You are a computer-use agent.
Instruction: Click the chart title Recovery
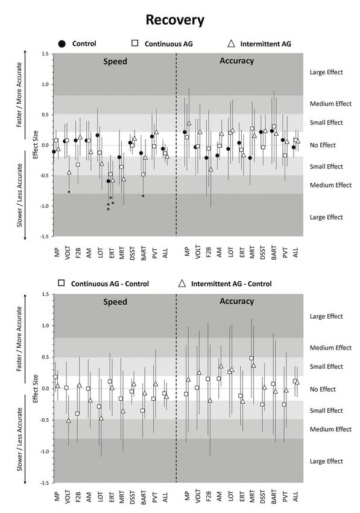click(175, 21)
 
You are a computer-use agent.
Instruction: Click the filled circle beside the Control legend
click(62, 44)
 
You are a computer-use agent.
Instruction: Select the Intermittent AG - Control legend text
click(231, 284)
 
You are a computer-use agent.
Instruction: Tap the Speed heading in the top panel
click(115, 62)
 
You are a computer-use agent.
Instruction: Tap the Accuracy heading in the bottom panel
click(237, 301)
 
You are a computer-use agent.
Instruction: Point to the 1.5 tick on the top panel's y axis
click(45, 54)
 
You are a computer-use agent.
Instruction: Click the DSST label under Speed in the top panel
click(133, 252)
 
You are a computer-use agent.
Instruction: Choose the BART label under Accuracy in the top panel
click(274, 252)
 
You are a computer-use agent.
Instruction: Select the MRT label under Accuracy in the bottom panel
click(252, 495)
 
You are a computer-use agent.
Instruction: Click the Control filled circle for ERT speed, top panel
click(108, 181)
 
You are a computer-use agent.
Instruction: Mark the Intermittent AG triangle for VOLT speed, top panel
click(69, 172)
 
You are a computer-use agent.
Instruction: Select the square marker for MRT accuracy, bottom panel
click(251, 358)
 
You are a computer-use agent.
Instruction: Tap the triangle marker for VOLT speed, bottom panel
click(69, 421)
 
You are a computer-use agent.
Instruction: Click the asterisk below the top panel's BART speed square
click(143, 196)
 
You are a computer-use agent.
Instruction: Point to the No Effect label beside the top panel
click(323, 145)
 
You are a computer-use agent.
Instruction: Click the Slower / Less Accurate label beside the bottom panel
click(20, 439)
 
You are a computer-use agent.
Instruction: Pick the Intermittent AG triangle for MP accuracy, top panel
click(189, 123)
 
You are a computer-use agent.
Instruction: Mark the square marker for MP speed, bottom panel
click(55, 377)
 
